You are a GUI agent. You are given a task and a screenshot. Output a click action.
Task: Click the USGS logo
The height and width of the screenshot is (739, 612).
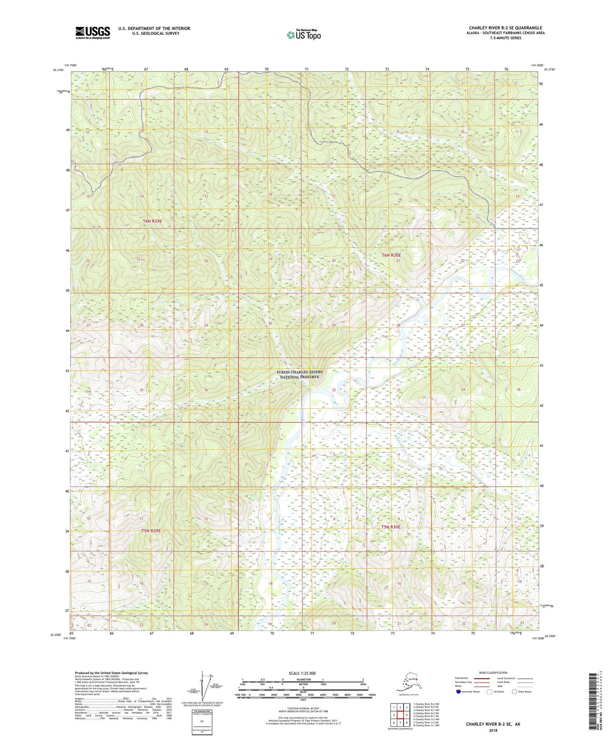[92, 33]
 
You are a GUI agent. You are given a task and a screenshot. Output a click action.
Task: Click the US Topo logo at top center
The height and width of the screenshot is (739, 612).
[303, 34]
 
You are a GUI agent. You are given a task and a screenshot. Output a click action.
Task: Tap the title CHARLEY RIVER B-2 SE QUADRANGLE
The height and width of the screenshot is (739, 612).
[505, 28]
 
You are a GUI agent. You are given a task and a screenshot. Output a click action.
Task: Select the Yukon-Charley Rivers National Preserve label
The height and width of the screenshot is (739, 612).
[299, 374]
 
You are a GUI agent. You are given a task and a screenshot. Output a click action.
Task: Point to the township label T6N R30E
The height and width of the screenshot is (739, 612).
[391, 255]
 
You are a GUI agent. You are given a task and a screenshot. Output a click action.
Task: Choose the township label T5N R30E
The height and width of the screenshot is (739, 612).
[390, 527]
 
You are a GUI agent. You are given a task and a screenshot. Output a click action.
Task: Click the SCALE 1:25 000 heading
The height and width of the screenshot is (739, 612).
[302, 673]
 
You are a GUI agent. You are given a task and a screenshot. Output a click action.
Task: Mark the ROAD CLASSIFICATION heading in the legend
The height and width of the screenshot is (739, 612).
[493, 673]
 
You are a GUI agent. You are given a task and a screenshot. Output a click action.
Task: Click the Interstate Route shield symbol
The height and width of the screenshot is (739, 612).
[459, 692]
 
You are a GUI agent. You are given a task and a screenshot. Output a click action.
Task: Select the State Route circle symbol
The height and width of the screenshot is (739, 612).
[515, 692]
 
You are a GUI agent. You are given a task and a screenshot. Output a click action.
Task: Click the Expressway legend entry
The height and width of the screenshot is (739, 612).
[462, 678]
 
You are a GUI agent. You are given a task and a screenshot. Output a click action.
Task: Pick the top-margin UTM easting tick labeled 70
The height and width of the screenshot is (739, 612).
[266, 69]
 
